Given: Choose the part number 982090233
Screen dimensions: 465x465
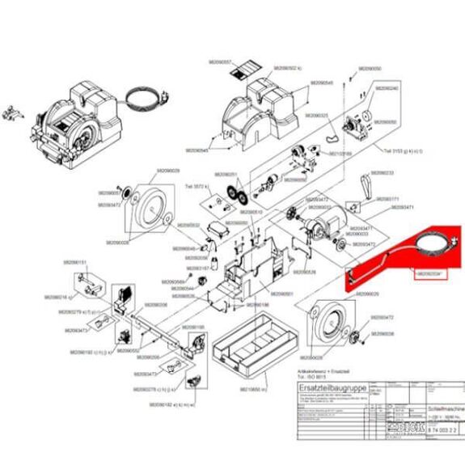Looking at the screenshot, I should tap(381, 173).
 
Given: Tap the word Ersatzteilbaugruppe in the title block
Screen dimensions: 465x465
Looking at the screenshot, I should tap(322, 391).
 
